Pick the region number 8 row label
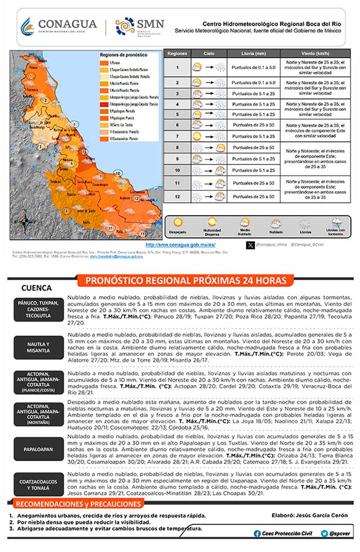point(177,148)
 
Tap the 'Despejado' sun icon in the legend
point(178,223)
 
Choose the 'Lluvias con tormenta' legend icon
point(336,223)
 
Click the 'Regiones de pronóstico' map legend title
point(123,56)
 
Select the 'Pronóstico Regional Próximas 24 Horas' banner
point(185,280)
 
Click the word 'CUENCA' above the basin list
point(37,288)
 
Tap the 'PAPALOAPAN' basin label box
point(38,450)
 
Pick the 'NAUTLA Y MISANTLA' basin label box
point(38,347)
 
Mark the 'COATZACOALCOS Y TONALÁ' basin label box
point(38,485)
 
